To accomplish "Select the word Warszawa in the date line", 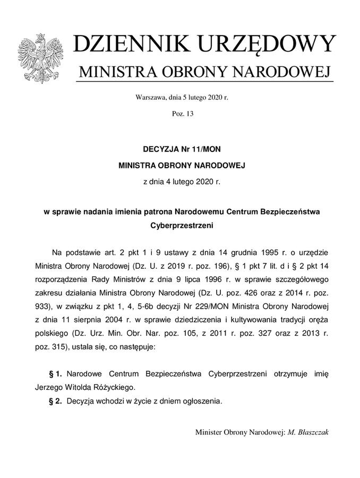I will click(x=151, y=98).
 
